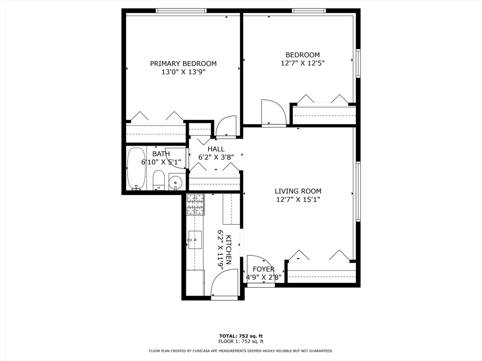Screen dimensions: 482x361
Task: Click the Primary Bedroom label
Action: pyautogui.click(x=183, y=63)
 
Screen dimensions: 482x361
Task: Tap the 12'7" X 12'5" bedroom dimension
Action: pyautogui.click(x=303, y=63)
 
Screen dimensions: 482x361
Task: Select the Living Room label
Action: pyautogui.click(x=298, y=191)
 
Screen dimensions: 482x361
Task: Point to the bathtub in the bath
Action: pyautogui.click(x=136, y=169)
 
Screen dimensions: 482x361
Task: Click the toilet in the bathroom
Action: pyautogui.click(x=159, y=180)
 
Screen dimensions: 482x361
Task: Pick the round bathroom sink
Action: pyautogui.click(x=176, y=182)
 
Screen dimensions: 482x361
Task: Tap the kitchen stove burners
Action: pyautogui.click(x=195, y=204)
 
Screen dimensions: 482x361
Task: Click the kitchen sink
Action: pyautogui.click(x=195, y=240)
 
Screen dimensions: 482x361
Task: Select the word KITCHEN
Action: pyautogui.click(x=229, y=250)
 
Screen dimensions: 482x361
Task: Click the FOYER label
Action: pyautogui.click(x=264, y=269)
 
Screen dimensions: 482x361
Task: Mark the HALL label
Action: pyautogui.click(x=216, y=149)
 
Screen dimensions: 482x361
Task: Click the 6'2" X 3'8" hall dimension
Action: pyautogui.click(x=216, y=157)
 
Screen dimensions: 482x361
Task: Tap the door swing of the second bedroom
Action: pyautogui.click(x=273, y=112)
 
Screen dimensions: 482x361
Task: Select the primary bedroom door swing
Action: pyautogui.click(x=226, y=126)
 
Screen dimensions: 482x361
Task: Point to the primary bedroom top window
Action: pyautogui.click(x=181, y=11)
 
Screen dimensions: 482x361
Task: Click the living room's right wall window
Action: pyautogui.click(x=358, y=191)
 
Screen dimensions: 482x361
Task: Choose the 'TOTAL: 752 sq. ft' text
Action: pyautogui.click(x=241, y=336)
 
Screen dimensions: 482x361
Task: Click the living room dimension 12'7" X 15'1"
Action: pyautogui.click(x=298, y=199)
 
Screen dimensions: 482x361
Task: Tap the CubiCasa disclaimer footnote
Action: pyautogui.click(x=241, y=351)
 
